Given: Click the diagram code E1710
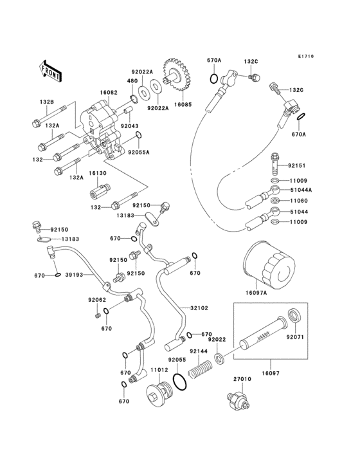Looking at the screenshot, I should [305, 57].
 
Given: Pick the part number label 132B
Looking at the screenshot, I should [47, 102].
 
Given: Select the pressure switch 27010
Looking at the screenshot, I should [237, 400].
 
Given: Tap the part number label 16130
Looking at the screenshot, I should [97, 173].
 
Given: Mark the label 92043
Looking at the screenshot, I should [130, 127].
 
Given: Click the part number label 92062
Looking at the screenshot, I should [97, 300].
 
